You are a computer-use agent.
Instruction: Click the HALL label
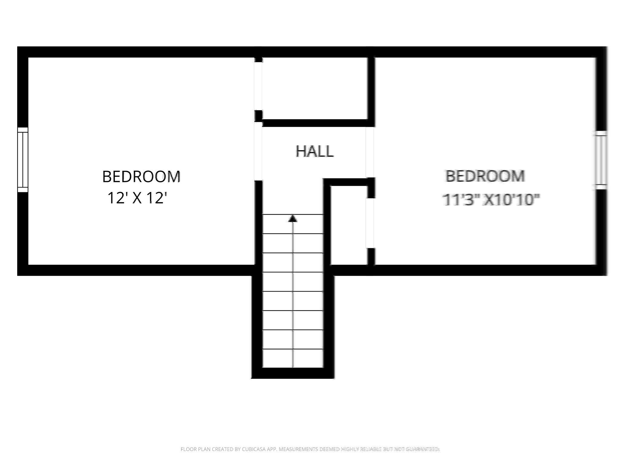(314, 151)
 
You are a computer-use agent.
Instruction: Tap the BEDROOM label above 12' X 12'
(141, 177)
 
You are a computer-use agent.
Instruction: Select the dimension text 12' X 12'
(137, 199)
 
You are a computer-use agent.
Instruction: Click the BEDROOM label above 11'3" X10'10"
(485, 176)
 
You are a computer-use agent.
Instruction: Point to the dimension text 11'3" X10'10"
(491, 200)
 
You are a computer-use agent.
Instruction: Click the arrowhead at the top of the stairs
(292, 218)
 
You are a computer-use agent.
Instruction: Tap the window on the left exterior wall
(23, 160)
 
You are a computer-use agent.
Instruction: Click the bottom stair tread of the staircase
(292, 358)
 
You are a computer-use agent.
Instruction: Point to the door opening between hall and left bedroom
(258, 151)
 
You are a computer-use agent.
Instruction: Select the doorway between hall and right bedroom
(370, 152)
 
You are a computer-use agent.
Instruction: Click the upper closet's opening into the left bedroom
(258, 86)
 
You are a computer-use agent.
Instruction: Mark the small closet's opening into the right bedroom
(370, 223)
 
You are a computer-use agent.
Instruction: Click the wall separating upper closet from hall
(315, 123)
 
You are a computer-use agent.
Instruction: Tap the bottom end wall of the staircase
(292, 373)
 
